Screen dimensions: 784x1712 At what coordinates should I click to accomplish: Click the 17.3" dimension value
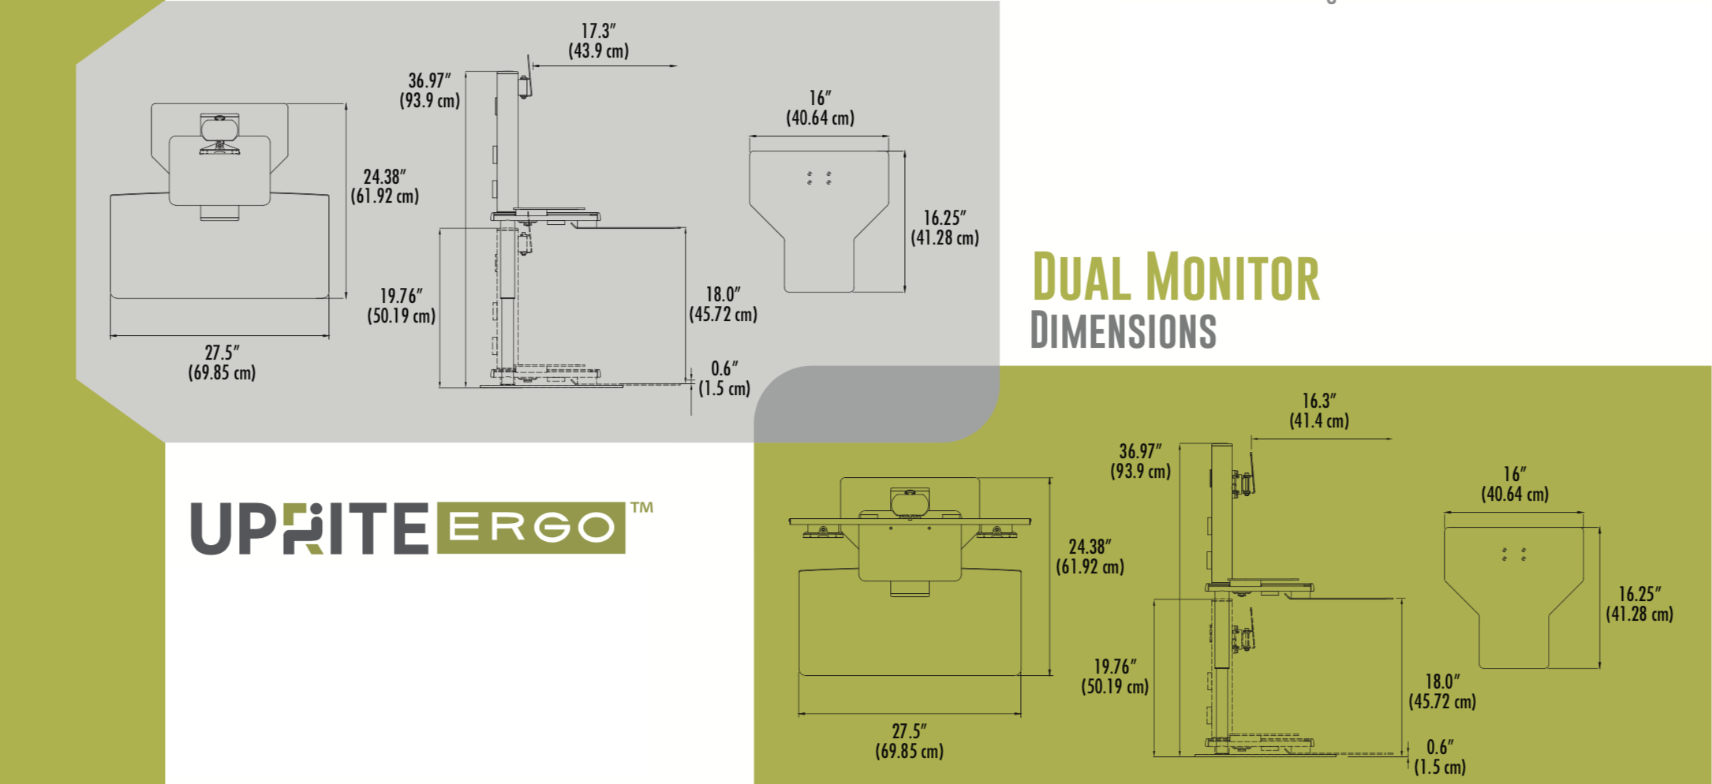(598, 32)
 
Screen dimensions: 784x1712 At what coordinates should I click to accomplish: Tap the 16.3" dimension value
(1318, 401)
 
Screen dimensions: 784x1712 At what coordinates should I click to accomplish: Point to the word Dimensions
(1123, 330)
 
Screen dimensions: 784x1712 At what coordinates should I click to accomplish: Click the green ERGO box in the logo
(531, 528)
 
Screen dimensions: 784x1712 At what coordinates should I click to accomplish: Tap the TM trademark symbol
(641, 507)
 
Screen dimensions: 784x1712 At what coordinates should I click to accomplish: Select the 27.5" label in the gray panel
(222, 353)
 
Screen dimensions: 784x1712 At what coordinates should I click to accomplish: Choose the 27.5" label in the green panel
(909, 732)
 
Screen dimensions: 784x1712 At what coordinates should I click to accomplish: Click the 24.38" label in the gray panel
(384, 177)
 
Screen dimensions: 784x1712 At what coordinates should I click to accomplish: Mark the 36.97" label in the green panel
(1140, 452)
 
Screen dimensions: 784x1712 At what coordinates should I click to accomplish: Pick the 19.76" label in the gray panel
(401, 296)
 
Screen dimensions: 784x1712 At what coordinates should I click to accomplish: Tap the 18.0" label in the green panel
(1441, 681)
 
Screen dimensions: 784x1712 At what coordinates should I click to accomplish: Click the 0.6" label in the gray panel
(723, 368)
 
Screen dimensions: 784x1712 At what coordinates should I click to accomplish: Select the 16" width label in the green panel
(1514, 474)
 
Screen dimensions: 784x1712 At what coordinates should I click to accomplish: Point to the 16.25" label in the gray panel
(944, 218)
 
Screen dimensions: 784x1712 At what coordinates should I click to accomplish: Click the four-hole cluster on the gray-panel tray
(819, 177)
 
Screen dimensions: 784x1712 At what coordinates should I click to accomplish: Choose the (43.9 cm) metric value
(599, 51)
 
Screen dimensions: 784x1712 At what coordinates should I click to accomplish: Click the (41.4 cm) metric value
(1319, 421)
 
